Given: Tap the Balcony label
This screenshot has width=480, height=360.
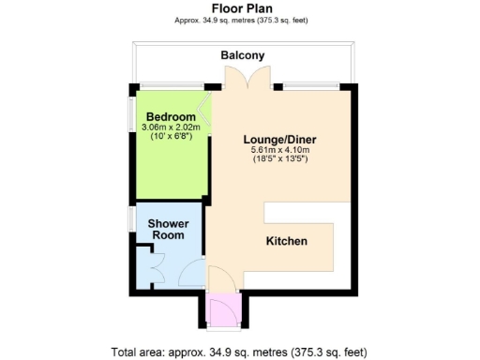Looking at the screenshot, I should tap(242, 55).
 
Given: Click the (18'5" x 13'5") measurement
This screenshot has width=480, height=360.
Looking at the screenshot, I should tap(280, 159).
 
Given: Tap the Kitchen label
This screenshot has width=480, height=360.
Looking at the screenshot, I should tap(287, 241).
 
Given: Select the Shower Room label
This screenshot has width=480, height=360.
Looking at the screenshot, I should tap(169, 230).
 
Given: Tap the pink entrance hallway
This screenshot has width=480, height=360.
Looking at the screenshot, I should tap(224, 310).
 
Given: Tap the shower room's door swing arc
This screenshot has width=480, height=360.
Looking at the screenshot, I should tap(191, 273).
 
